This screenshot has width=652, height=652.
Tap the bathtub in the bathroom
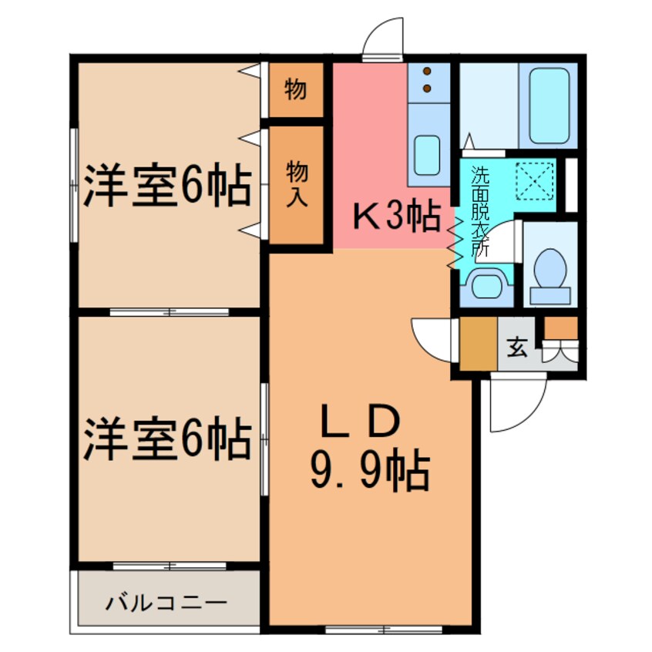tap(549, 106)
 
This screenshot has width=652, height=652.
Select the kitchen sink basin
tap(426, 156)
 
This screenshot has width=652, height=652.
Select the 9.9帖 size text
tap(369, 471)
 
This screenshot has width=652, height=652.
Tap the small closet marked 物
tap(294, 91)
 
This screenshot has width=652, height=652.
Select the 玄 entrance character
tap(518, 348)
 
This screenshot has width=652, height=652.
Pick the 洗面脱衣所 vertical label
tap(479, 211)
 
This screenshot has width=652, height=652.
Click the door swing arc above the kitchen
tap(383, 39)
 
